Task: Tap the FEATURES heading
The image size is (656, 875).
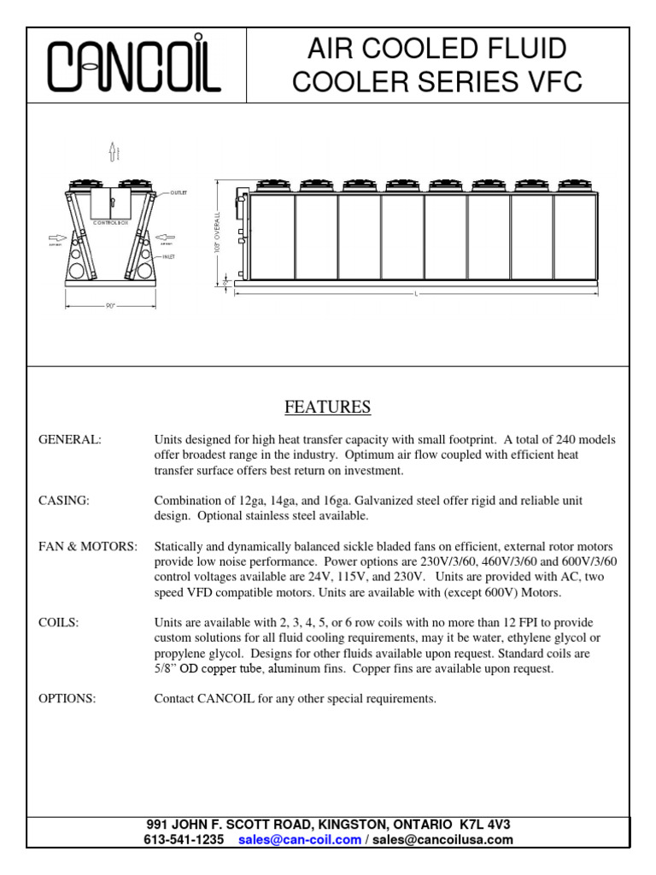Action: pos(327,407)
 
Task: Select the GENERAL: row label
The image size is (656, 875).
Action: pos(70,439)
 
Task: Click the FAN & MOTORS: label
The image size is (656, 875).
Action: pos(87,547)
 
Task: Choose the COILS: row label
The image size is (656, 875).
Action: pos(59,623)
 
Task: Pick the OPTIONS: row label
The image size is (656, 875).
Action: pos(67,699)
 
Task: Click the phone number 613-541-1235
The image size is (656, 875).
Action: pos(185,840)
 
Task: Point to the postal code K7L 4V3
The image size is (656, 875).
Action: pos(485,825)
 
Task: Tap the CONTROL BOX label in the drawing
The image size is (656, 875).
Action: pos(109,222)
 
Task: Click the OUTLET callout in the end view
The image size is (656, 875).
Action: pos(178,193)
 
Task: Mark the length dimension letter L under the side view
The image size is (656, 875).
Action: pos(416,294)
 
